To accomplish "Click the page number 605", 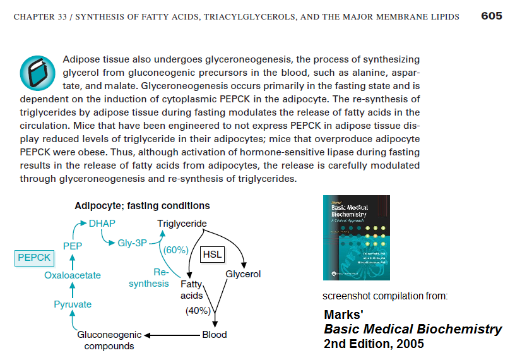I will (491, 16).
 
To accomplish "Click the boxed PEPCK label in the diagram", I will (34, 257).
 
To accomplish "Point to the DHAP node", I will (102, 223).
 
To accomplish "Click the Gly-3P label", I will (133, 243).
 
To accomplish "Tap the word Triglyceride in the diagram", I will (182, 223).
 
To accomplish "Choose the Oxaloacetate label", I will (73, 275).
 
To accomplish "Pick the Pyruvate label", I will (73, 304).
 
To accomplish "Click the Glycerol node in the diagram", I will (243, 274).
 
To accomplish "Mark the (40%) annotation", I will (198, 310).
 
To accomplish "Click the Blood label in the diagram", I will (215, 335).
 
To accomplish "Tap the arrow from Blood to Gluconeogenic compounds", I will (172, 335).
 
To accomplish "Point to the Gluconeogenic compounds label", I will (109, 340).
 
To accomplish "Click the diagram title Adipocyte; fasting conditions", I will (142, 206).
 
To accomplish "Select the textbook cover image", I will (356, 237).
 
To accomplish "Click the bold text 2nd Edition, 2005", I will (374, 344).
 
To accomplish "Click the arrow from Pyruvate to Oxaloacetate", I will (73, 290).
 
